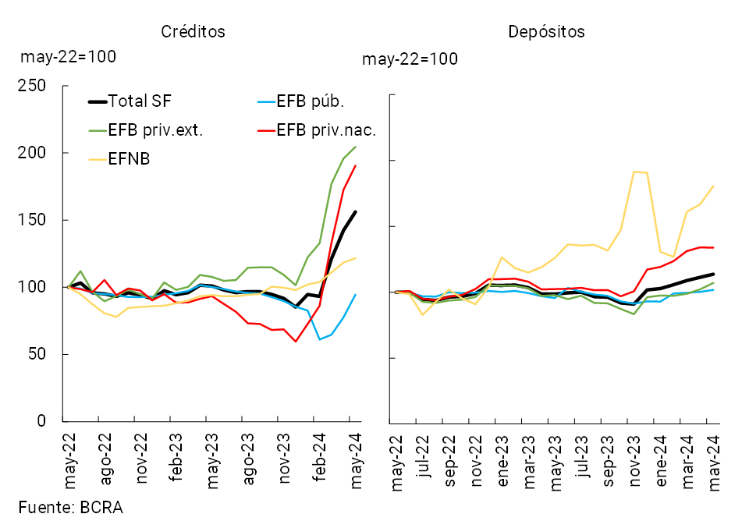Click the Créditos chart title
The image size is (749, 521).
click(x=193, y=32)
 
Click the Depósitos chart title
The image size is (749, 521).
click(x=546, y=32)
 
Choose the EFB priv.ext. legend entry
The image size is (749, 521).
click(x=156, y=130)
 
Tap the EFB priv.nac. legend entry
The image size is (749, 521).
click(x=326, y=130)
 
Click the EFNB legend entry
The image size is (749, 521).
click(x=130, y=159)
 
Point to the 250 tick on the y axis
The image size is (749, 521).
click(x=33, y=86)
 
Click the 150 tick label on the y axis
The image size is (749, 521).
click(x=33, y=220)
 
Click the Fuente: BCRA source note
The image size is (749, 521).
click(x=71, y=506)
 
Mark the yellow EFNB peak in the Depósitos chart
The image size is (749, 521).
click(x=635, y=171)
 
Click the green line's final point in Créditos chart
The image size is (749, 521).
click(x=356, y=147)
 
